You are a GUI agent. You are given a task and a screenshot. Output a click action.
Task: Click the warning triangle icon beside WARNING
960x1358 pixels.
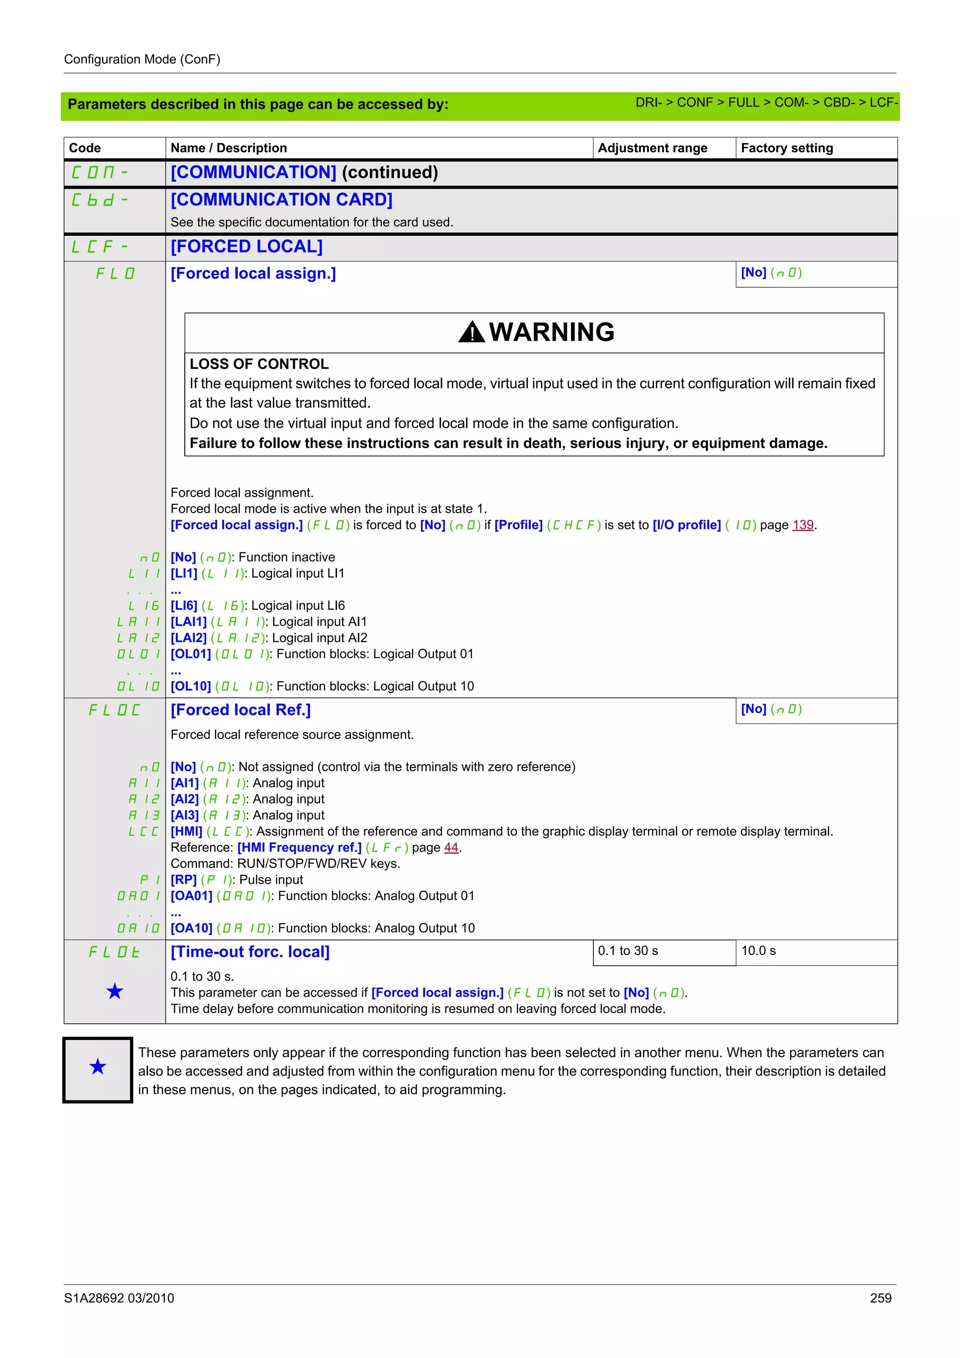472,332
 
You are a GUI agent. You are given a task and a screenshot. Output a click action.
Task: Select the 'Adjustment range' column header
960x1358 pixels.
652,148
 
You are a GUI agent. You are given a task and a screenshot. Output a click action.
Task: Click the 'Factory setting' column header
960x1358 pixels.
786,148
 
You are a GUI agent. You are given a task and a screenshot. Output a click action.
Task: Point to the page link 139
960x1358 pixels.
802,525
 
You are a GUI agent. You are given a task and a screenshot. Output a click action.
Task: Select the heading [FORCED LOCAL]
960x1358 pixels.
247,246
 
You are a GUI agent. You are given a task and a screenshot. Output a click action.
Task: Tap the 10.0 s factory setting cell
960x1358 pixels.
758,950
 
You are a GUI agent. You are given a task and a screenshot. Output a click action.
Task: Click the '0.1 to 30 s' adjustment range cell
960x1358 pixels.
628,950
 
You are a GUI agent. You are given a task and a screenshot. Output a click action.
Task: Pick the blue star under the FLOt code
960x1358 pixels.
115,991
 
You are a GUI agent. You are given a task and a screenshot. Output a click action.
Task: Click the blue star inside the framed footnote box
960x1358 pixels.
97,1067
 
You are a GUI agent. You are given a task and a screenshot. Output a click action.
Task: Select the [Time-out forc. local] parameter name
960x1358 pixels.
250,952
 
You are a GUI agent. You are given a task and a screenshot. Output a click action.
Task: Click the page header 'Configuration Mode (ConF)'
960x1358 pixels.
142,59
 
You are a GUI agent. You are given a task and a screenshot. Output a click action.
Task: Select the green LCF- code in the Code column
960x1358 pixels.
99,246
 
